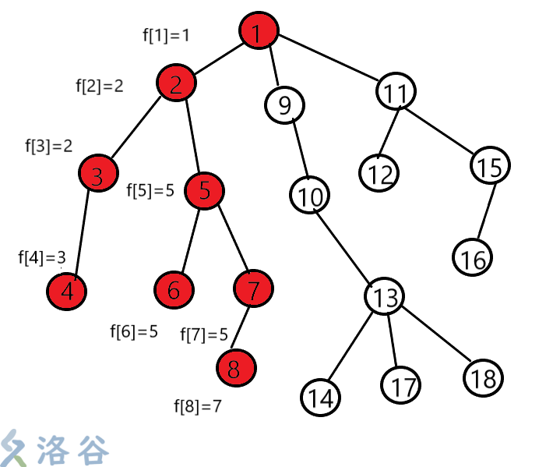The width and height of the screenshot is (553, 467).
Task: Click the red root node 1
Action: [259, 32]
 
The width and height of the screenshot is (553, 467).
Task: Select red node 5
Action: [204, 190]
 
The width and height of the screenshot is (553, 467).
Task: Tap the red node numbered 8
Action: [236, 367]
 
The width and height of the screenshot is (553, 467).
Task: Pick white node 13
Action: [385, 297]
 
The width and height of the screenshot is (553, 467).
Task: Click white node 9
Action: [284, 104]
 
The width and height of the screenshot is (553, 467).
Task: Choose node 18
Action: [483, 379]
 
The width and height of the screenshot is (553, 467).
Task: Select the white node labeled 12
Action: [380, 172]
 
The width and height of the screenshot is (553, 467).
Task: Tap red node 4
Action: [67, 292]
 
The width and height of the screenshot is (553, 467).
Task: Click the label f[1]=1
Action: [166, 34]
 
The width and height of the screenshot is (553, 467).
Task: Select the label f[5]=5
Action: [150, 190]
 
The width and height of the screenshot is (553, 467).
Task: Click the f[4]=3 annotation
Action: [42, 257]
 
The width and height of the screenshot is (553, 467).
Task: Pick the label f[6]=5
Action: [134, 331]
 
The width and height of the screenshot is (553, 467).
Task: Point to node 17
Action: [401, 385]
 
